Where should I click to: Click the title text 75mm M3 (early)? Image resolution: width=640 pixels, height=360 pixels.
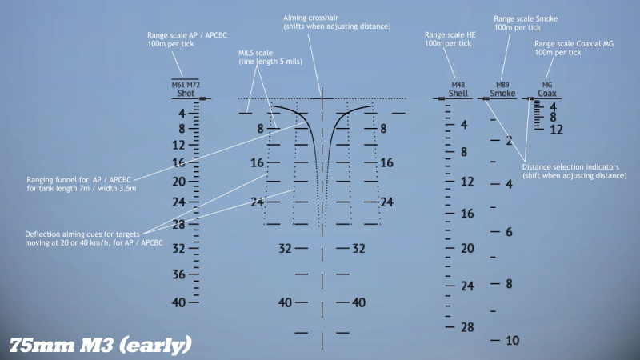pos(101,345)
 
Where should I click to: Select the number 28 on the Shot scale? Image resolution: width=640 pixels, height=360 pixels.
pos(179,225)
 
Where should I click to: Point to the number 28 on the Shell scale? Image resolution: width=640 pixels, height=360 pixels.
pos(467,326)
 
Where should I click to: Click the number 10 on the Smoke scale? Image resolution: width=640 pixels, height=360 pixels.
pos(513,341)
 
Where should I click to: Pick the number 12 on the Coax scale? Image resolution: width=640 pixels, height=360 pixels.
pos(557,129)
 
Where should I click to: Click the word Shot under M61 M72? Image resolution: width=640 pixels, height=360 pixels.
pos(185,94)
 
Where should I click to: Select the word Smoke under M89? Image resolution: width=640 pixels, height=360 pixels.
pos(502,94)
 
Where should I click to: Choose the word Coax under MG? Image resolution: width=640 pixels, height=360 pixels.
pos(547,94)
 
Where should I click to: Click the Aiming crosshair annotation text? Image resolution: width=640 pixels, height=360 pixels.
pos(337,22)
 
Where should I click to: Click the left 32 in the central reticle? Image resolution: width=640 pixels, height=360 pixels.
pos(285,249)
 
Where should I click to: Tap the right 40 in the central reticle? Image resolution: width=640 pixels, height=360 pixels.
pos(359,302)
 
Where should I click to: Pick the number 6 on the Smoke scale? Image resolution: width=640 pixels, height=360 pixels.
pos(509,232)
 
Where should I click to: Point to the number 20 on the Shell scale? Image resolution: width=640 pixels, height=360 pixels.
pos(467,249)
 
